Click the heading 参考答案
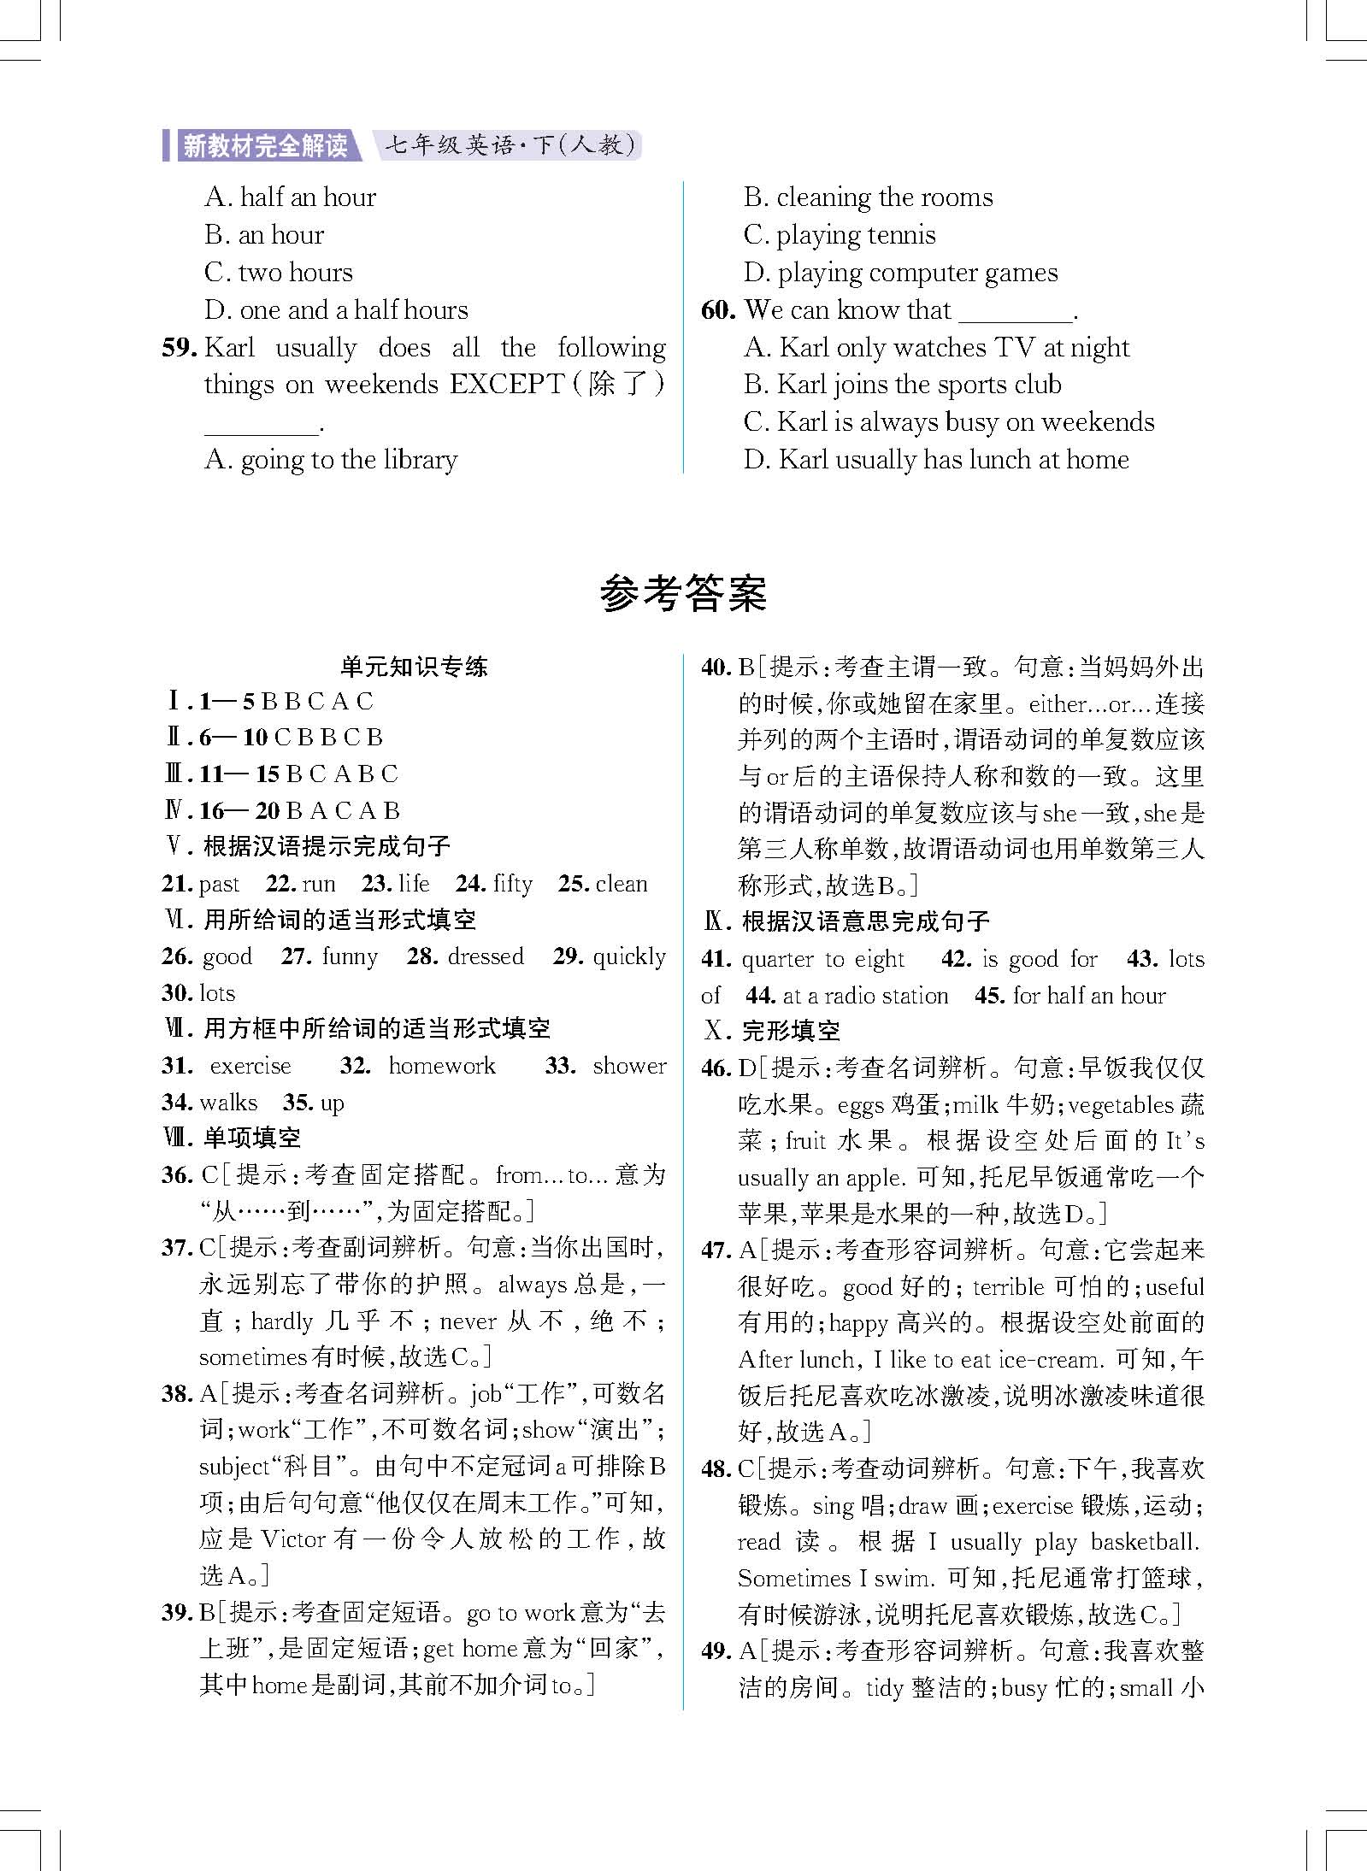tap(683, 593)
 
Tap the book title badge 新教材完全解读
tap(265, 146)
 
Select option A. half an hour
tap(290, 197)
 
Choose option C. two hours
tap(278, 273)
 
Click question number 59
tap(180, 348)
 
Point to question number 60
tap(718, 310)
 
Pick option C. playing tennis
tap(839, 235)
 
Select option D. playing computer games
tap(900, 273)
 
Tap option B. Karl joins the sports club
tap(902, 385)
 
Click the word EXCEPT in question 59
tap(507, 385)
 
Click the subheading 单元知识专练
tap(414, 667)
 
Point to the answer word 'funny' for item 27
tap(350, 956)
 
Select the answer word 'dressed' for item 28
tap(485, 956)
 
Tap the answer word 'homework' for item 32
tap(441, 1066)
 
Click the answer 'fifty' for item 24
tap(513, 884)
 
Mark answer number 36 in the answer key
tap(177, 1175)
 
